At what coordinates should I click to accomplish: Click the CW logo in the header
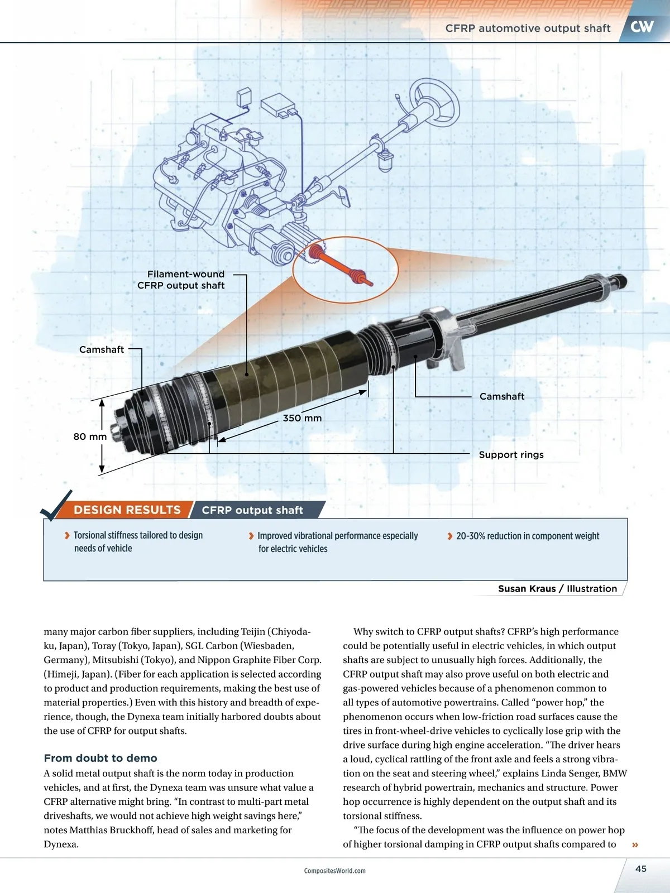pos(642,26)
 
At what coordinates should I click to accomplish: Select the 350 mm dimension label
pos(302,418)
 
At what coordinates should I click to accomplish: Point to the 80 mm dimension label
pos(90,436)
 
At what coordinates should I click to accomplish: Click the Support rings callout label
pos(511,455)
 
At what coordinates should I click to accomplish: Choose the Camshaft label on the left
pos(102,349)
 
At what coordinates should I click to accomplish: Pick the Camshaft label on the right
pos(502,396)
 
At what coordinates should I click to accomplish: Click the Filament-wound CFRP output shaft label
pos(181,280)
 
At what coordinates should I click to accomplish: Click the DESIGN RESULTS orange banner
pos(127,510)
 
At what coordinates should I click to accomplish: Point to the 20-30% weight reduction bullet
pos(527,536)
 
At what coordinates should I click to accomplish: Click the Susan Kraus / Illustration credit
pos(557,589)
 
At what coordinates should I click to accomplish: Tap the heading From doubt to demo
pos(100,758)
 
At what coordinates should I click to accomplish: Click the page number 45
pos(641,868)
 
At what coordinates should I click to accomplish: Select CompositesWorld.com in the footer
pos(334,871)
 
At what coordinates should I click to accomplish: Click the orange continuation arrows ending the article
pos(635,845)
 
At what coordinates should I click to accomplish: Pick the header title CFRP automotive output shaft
pos(528,28)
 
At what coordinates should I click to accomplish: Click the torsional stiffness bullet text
pos(137,541)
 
